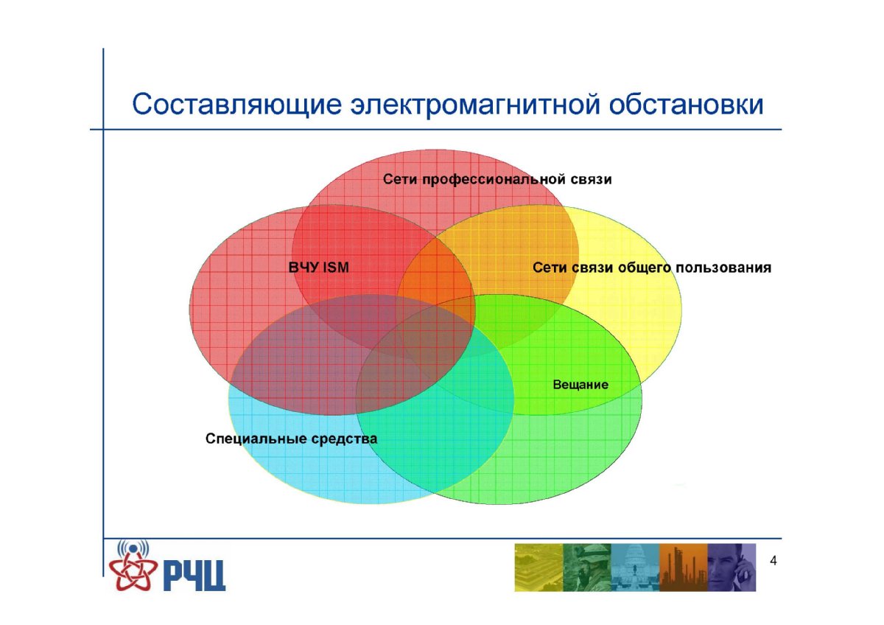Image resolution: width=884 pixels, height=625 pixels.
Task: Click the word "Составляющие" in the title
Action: [236, 105]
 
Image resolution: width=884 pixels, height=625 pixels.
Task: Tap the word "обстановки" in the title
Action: [687, 104]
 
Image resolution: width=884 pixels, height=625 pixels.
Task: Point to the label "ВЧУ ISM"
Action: [319, 268]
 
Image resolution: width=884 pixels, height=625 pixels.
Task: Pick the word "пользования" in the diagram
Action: [723, 268]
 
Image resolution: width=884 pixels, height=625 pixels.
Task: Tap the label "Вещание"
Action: [580, 385]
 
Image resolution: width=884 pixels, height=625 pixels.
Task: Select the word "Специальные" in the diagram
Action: [256, 439]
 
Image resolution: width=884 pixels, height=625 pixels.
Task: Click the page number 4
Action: [773, 561]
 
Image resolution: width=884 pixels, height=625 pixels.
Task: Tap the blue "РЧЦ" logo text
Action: [194, 576]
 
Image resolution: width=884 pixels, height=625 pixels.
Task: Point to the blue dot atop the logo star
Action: [133, 548]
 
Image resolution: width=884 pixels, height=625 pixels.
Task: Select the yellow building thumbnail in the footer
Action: [539, 568]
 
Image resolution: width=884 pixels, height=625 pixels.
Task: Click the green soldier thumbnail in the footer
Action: [587, 568]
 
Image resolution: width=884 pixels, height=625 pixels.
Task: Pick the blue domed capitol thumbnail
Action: [635, 568]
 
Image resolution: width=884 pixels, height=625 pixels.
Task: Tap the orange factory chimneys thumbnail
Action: [684, 568]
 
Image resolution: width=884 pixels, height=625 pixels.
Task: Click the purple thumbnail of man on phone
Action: [732, 568]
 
